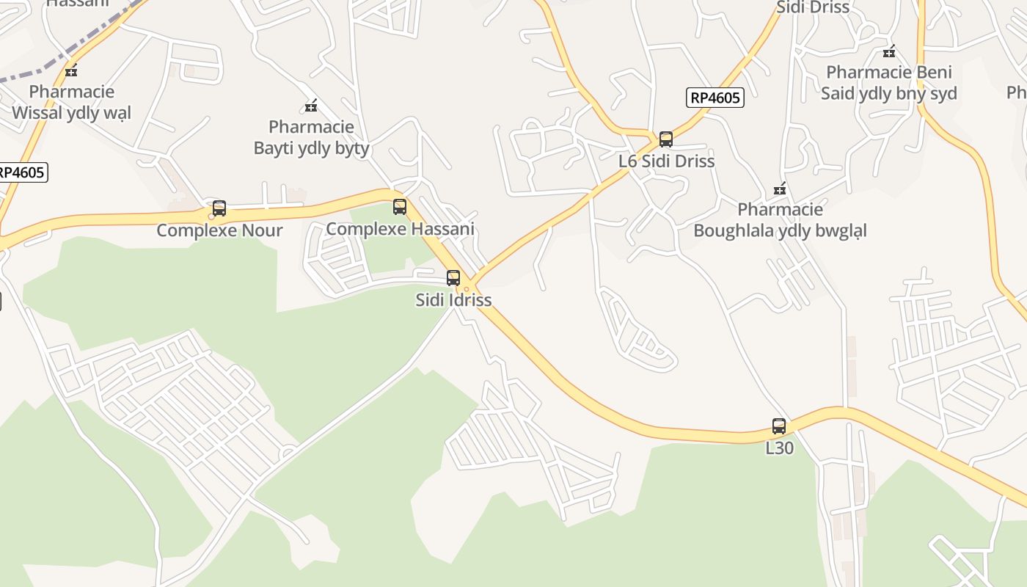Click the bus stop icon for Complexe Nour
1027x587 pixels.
click(219, 208)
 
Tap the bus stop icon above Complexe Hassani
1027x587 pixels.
click(400, 207)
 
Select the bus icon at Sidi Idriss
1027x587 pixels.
click(453, 278)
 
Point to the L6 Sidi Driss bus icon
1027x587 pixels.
click(666, 139)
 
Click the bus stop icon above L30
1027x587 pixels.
click(779, 426)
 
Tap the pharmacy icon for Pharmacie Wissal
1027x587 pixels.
click(71, 70)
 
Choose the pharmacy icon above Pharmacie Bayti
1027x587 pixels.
click(311, 106)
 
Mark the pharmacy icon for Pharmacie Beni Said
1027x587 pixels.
click(889, 51)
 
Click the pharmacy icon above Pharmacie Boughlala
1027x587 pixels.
click(780, 189)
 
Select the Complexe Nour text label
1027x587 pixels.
click(219, 230)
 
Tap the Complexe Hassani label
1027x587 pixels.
click(400, 229)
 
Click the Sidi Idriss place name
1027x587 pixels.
click(453, 300)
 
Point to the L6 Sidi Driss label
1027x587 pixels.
click(666, 161)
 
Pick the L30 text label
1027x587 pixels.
click(779, 448)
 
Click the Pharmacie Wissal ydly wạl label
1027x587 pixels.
click(71, 102)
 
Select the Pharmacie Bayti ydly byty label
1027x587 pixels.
click(311, 137)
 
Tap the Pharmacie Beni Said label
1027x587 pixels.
click(889, 83)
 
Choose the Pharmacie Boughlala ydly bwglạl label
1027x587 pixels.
click(780, 220)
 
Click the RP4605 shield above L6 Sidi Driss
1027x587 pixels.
click(715, 98)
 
